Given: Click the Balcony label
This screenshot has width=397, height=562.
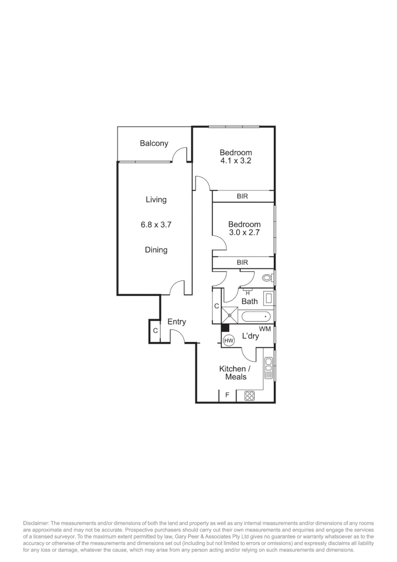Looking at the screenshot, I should click(x=154, y=143).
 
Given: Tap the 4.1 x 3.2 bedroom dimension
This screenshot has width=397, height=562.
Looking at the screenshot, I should click(x=235, y=161).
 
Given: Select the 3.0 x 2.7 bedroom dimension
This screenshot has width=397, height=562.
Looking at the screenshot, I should click(x=244, y=233).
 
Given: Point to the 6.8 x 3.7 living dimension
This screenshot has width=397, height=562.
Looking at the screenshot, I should click(x=156, y=225).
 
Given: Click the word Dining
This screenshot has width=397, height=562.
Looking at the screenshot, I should click(x=156, y=250).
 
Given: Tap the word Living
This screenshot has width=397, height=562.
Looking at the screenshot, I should click(x=156, y=199).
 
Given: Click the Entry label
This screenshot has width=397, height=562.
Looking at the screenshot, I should click(x=177, y=322).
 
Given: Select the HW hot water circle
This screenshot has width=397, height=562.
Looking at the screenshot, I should click(x=229, y=340).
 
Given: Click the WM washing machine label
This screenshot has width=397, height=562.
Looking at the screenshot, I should click(x=264, y=329).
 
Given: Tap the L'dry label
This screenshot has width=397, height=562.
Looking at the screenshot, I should click(x=250, y=337).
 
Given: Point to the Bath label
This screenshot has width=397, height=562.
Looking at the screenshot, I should click(x=249, y=301).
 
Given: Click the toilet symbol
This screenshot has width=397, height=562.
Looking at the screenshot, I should click(x=268, y=278).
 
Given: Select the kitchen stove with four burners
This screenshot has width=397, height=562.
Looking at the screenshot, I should click(x=249, y=396).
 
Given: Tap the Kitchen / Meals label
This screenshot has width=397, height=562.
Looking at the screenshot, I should click(x=232, y=373).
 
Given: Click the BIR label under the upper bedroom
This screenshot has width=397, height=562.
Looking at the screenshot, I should click(x=242, y=196).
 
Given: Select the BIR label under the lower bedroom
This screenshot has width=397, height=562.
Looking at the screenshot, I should click(x=242, y=262).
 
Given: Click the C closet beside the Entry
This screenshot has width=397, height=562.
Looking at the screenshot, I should click(x=155, y=330).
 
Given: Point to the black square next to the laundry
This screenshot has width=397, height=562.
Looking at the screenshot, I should click(x=225, y=327).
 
